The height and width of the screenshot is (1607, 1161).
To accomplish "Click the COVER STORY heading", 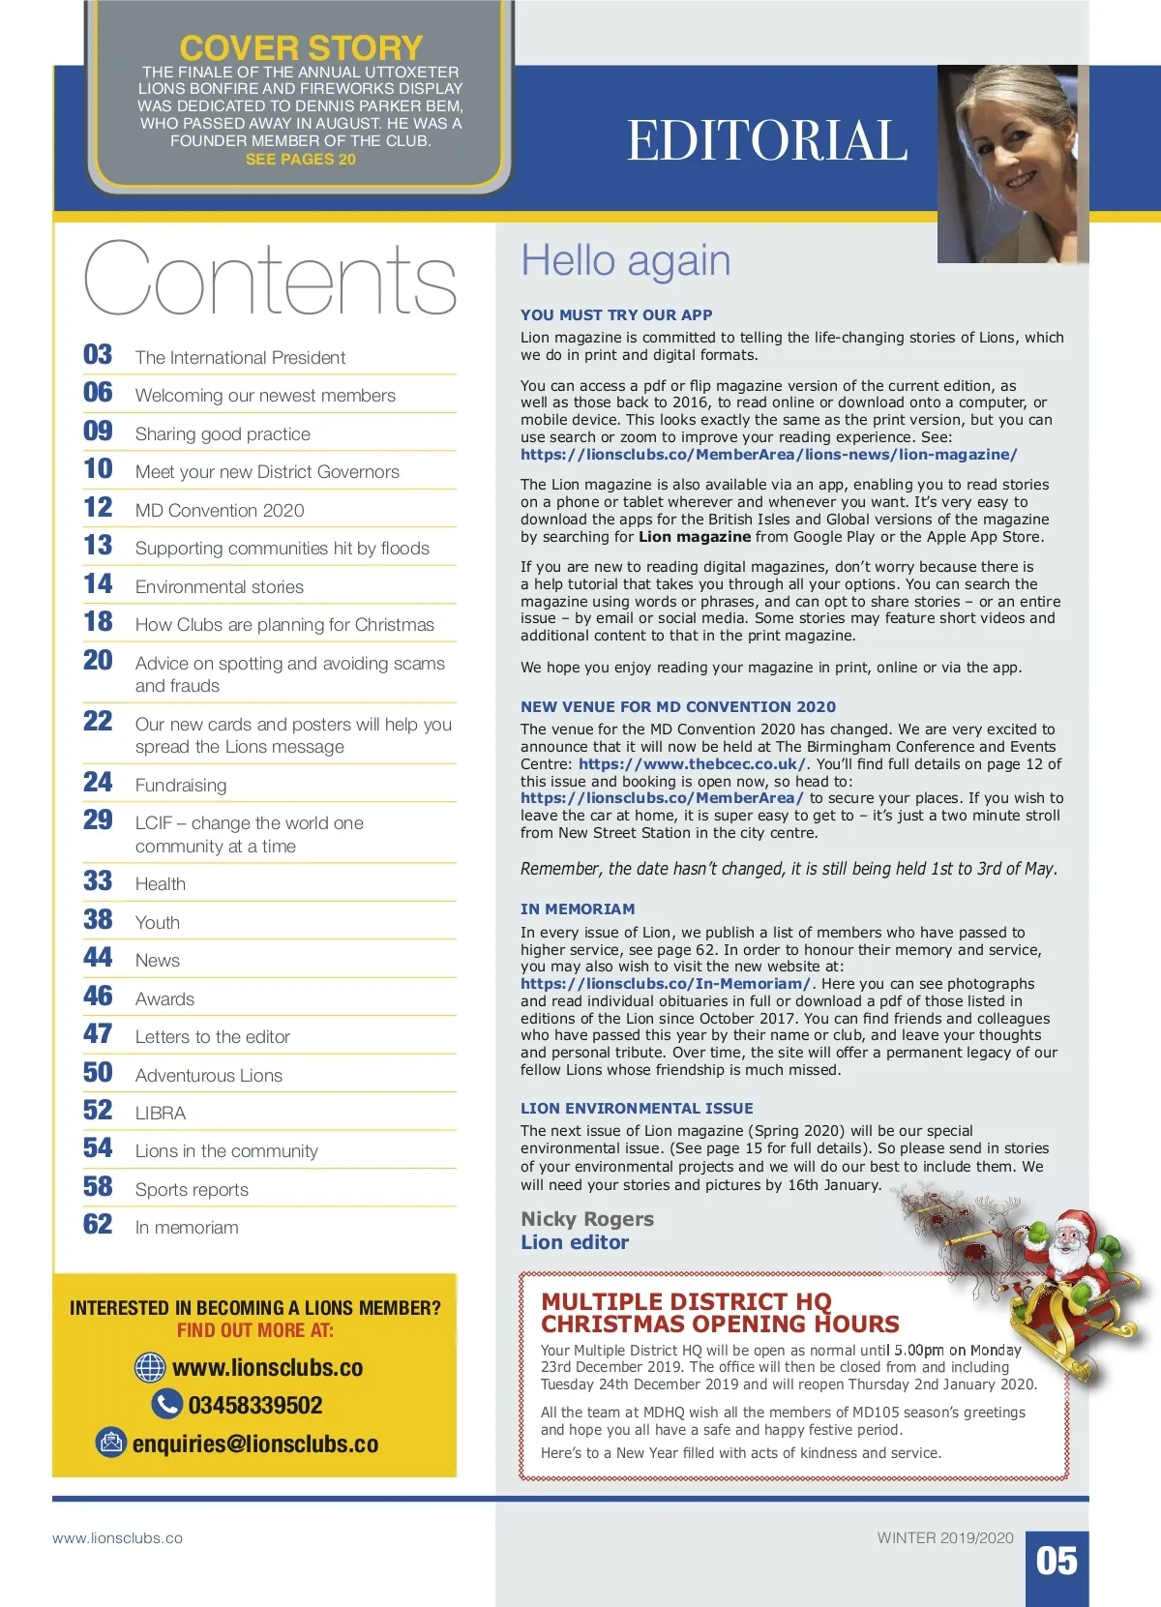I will [301, 48].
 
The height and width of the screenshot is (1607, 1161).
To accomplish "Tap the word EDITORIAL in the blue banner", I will [767, 141].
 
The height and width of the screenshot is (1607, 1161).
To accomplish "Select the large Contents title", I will [270, 281].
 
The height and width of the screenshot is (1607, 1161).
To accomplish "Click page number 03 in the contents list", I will [98, 355].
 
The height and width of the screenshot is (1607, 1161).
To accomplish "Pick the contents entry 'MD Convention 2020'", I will [220, 510].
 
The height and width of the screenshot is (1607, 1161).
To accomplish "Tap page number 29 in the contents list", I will [98, 820].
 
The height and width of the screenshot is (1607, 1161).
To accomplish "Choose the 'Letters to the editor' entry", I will [213, 1036].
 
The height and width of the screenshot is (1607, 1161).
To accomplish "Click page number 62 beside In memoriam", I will [98, 1225].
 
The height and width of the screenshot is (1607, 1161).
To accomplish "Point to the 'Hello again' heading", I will [626, 261].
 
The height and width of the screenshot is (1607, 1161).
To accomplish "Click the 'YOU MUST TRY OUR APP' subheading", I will [616, 314].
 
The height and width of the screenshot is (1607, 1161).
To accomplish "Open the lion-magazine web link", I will [769, 455].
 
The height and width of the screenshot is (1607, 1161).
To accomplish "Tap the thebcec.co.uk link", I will [692, 764].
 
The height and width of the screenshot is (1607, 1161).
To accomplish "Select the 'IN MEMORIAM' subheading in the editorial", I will [578, 909].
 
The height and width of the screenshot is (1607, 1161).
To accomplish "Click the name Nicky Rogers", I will [587, 1219].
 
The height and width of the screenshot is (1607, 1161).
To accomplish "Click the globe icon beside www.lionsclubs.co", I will [150, 1368].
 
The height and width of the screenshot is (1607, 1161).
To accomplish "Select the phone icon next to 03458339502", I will [167, 1405].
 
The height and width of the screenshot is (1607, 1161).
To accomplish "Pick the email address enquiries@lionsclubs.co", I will [255, 1443].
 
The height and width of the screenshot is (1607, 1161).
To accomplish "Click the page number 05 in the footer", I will [1057, 1561].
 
